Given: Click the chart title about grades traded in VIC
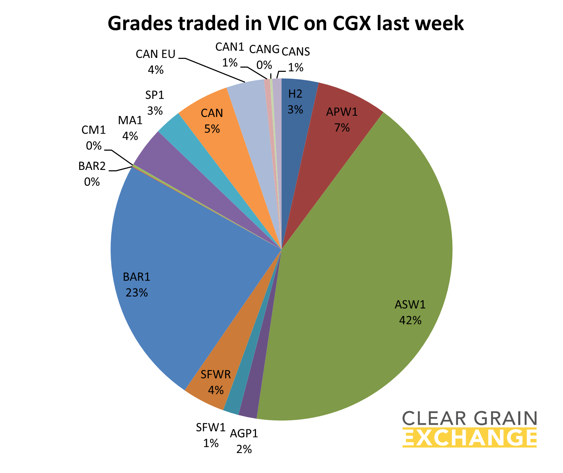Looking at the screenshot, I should tap(285, 24).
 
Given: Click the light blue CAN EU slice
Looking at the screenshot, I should tap(249, 102).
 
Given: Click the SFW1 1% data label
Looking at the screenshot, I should tap(211, 435).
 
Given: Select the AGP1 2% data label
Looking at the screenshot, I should tap(244, 441).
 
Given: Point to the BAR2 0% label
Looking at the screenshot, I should tap(92, 174).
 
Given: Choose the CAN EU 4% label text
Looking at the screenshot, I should tap(155, 62).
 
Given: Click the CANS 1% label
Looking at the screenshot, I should tap(296, 59).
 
